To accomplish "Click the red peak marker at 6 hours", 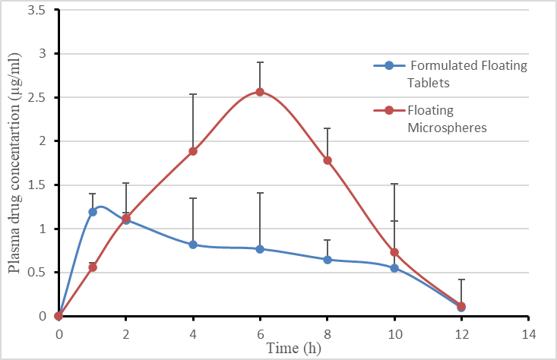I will pos(260,92).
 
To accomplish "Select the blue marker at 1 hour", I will pos(93,212).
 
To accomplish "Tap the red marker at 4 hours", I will pos(193,151).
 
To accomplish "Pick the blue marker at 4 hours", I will pos(193,245).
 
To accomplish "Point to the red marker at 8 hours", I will pos(328,160).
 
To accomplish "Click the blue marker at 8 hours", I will pos(328,260).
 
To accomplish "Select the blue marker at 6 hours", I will pos(260,249).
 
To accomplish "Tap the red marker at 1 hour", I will pos(93,267).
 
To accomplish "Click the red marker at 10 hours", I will pos(394,252).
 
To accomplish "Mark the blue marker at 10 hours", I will pos(394,268).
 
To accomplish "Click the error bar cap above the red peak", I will pos(260,62).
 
